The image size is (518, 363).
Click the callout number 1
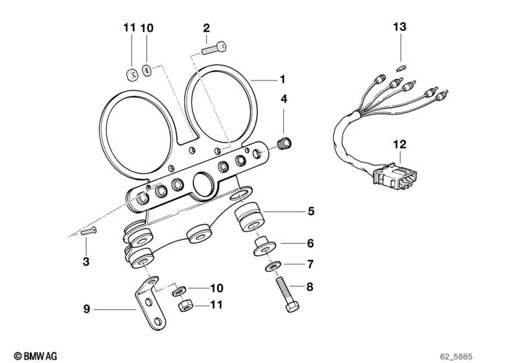(x=282, y=79)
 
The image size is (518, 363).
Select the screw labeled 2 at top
(x=214, y=47)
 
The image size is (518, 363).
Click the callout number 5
(x=311, y=211)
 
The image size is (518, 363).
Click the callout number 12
(x=400, y=145)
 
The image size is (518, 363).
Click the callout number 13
(x=400, y=27)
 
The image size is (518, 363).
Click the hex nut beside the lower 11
(x=184, y=304)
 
